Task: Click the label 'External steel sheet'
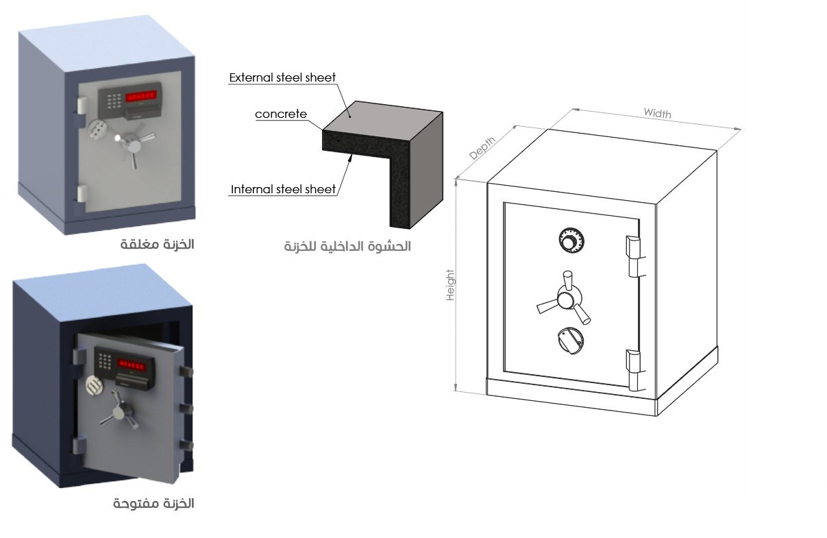282,77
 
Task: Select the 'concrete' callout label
281,114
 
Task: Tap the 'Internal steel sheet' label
284,189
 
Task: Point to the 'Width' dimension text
657,114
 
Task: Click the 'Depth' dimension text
482,148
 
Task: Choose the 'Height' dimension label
451,284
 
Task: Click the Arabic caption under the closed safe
158,245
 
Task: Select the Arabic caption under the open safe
153,504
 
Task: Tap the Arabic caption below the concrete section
347,246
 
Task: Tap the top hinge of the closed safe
82,105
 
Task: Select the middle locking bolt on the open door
185,408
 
